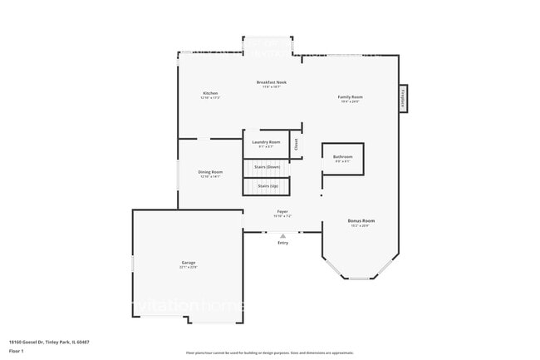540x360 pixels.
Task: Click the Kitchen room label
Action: point(210,92)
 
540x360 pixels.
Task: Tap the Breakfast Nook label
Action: point(271,82)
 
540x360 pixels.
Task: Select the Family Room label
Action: point(350,97)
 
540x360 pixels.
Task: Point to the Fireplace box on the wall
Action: point(404,98)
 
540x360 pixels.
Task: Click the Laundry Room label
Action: point(266,142)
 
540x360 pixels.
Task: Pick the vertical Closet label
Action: point(296,144)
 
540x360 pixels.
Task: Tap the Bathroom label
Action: point(343,156)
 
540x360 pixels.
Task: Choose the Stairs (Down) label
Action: point(268,167)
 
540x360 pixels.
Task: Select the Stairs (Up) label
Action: point(268,186)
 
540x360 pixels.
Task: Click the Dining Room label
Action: point(210,172)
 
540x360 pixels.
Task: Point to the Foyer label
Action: point(282,212)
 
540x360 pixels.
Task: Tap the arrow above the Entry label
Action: point(282,235)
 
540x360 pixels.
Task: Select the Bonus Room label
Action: point(361,220)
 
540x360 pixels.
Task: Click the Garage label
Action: point(189,263)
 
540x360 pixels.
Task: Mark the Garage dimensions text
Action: point(189,268)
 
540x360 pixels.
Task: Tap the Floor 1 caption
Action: point(17,351)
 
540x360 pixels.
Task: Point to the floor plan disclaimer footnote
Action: point(269,353)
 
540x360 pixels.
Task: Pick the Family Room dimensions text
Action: point(350,102)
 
